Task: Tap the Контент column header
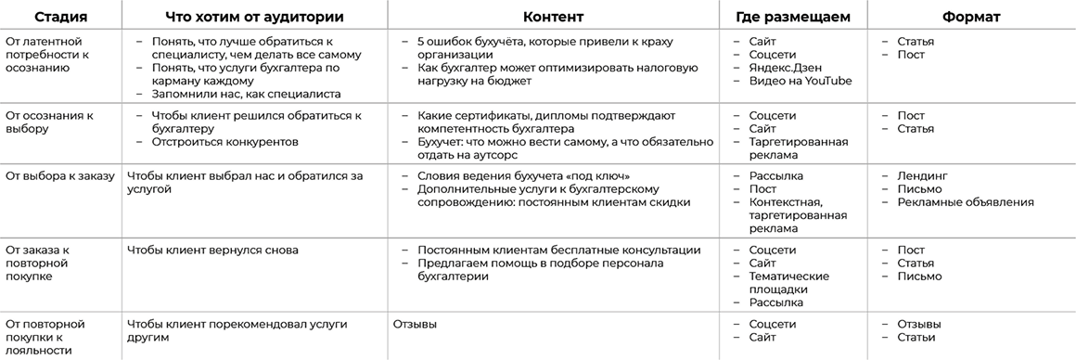click(x=554, y=17)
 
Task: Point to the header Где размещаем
click(x=793, y=17)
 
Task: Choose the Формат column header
click(x=970, y=17)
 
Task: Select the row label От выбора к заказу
click(x=59, y=175)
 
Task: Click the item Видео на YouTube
click(x=800, y=81)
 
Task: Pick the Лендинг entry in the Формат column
click(x=922, y=175)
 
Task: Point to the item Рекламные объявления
click(x=965, y=201)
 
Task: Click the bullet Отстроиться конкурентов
click(x=224, y=142)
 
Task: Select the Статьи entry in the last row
click(x=916, y=337)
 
